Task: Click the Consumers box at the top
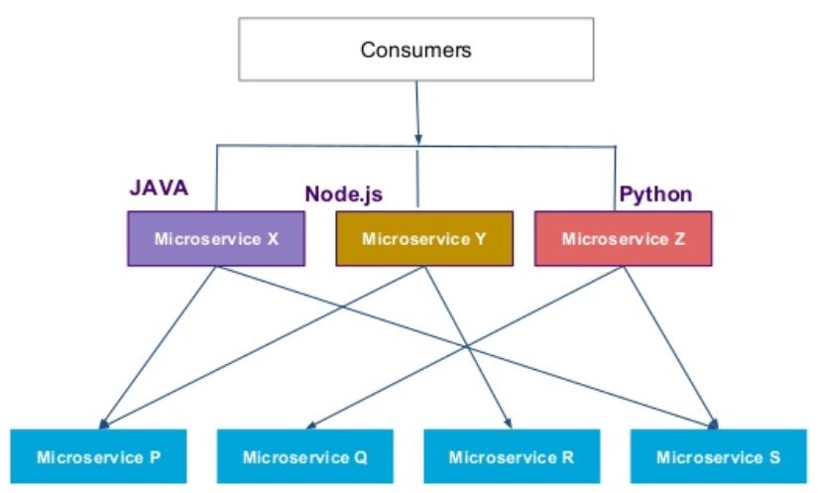click(415, 50)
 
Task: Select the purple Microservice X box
click(215, 239)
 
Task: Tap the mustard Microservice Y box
click(424, 239)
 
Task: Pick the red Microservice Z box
click(623, 239)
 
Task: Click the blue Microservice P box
click(98, 456)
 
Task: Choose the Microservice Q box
click(304, 456)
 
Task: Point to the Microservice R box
click(511, 456)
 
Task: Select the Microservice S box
click(718, 456)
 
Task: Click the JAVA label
click(160, 187)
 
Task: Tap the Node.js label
click(343, 193)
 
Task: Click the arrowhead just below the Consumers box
click(417, 137)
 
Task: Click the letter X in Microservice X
click(272, 239)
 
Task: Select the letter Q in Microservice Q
click(360, 456)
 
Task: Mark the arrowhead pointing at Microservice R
click(508, 420)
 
